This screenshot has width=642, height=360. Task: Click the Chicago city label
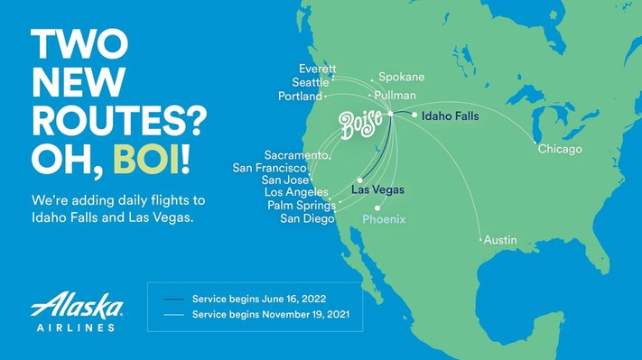pos(560,149)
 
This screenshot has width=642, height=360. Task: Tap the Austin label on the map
pos(500,240)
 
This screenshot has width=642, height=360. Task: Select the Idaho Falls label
pos(451,116)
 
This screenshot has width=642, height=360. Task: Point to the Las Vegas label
pos(377,189)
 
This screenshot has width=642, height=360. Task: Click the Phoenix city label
pos(384,219)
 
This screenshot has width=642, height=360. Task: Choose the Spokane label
pos(401,78)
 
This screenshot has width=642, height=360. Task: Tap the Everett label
pos(317,69)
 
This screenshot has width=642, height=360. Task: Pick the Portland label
pos(300,97)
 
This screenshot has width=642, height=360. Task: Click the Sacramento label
pos(296,155)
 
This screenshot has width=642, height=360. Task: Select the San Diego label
pos(307,218)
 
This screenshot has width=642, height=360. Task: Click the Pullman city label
pos(395,95)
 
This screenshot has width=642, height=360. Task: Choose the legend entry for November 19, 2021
pos(263,315)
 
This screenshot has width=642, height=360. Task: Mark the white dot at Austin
pos(480,240)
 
